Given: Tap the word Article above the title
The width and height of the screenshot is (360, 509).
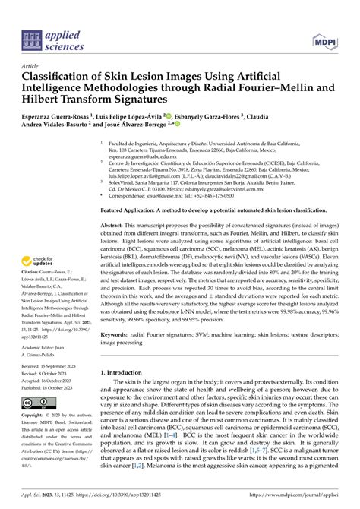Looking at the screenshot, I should coord(32,66).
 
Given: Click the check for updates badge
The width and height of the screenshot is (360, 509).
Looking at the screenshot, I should coord(39,242).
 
